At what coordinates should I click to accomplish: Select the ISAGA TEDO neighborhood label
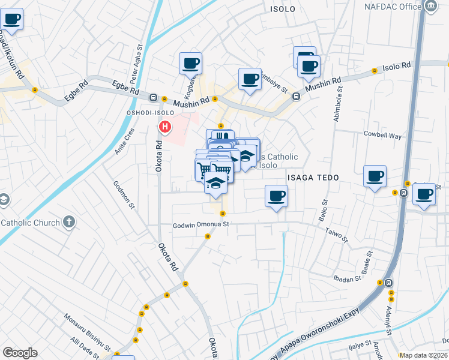pyautogui.click(x=313, y=178)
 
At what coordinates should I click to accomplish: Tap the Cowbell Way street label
pyautogui.click(x=382, y=136)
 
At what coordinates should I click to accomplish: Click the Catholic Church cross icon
pyautogui.click(x=69, y=223)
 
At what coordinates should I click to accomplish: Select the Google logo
pyautogui.click(x=20, y=353)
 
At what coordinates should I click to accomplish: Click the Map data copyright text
pyautogui.click(x=423, y=355)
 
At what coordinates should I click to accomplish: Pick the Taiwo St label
pyautogui.click(x=337, y=235)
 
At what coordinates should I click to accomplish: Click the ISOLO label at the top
pyautogui.click(x=283, y=9)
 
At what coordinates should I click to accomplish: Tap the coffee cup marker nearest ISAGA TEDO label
pyautogui.click(x=276, y=196)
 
